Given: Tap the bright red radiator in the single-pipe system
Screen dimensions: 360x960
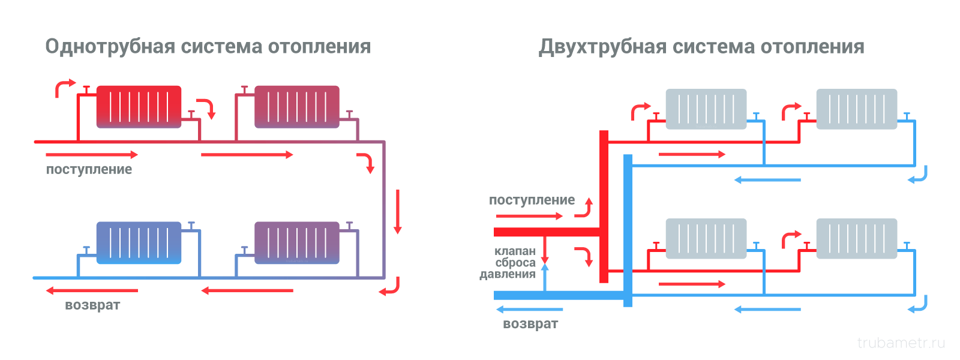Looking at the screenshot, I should click(x=139, y=107).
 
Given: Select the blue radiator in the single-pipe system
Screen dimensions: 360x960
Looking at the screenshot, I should click(x=139, y=243).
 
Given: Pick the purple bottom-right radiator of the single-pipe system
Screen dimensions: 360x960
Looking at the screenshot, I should click(x=297, y=243).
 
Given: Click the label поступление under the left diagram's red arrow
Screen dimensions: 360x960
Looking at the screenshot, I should click(x=89, y=170).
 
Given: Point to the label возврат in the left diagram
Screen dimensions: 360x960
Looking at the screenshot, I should click(x=92, y=305).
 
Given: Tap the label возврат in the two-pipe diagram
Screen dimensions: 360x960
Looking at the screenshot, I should click(x=530, y=324).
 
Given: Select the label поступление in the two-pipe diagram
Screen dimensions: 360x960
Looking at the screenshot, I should click(x=532, y=200).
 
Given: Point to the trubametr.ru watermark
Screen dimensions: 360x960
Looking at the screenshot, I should click(x=901, y=343).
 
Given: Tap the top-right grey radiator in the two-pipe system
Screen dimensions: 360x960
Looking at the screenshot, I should click(x=856, y=109).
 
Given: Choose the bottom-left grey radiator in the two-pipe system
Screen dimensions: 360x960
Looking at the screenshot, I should click(x=706, y=239).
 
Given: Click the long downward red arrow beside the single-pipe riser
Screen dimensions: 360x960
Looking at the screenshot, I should click(x=397, y=211).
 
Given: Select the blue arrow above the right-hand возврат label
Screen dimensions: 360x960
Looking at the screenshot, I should click(x=529, y=310).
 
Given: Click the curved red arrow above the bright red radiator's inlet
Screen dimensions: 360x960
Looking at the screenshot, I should click(x=64, y=87).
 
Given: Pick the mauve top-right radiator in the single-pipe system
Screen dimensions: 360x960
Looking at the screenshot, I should click(x=297, y=107).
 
